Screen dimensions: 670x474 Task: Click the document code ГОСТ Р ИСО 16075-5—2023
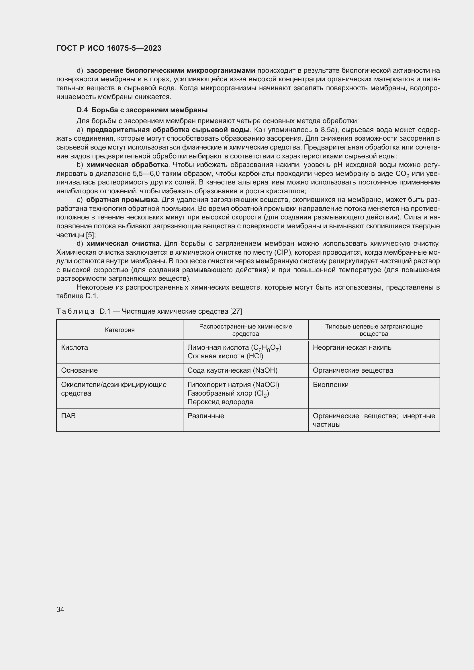pos(109,48)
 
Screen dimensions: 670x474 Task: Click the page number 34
pos(60,609)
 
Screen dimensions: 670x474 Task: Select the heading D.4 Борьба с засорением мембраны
pos(142,110)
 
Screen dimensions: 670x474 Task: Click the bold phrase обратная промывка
pos(122,200)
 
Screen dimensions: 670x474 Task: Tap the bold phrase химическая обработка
pos(127,165)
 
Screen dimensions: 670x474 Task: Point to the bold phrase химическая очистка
pos(123,244)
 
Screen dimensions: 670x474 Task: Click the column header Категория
pos(120,330)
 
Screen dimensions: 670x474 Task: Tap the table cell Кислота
pos(75,347)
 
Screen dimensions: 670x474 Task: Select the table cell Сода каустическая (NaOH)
pos(232,370)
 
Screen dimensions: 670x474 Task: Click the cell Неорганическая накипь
pos(352,347)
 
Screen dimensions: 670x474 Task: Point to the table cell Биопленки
pos(330,385)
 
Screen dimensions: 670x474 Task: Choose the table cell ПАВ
pos(68,416)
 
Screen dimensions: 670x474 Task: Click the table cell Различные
pos(206,416)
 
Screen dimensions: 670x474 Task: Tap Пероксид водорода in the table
pos(220,402)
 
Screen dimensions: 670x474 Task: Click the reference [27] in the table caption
pos(236,312)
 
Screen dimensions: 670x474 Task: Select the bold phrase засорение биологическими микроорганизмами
pos(171,71)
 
